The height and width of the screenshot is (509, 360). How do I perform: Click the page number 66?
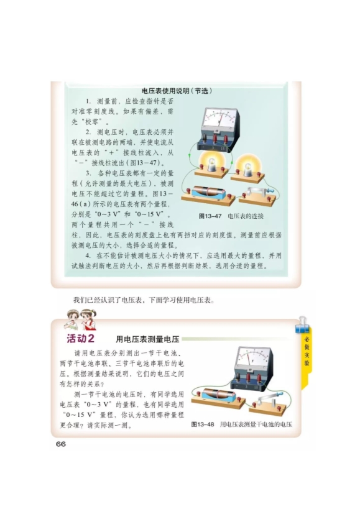(61, 444)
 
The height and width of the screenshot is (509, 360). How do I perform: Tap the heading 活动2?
(80, 339)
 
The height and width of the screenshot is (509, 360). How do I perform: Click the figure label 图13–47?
(210, 216)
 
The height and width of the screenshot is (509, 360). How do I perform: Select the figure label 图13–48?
(203, 424)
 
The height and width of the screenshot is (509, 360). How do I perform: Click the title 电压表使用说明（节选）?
(177, 91)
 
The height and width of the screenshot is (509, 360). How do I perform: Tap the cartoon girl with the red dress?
(88, 319)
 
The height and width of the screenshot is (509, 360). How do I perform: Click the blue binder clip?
(302, 326)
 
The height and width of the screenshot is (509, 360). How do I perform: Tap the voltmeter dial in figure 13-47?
(219, 119)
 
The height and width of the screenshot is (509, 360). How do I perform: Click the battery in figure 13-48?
(218, 395)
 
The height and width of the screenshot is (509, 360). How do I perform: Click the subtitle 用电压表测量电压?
(148, 339)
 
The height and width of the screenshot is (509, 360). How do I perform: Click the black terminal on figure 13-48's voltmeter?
(239, 377)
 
